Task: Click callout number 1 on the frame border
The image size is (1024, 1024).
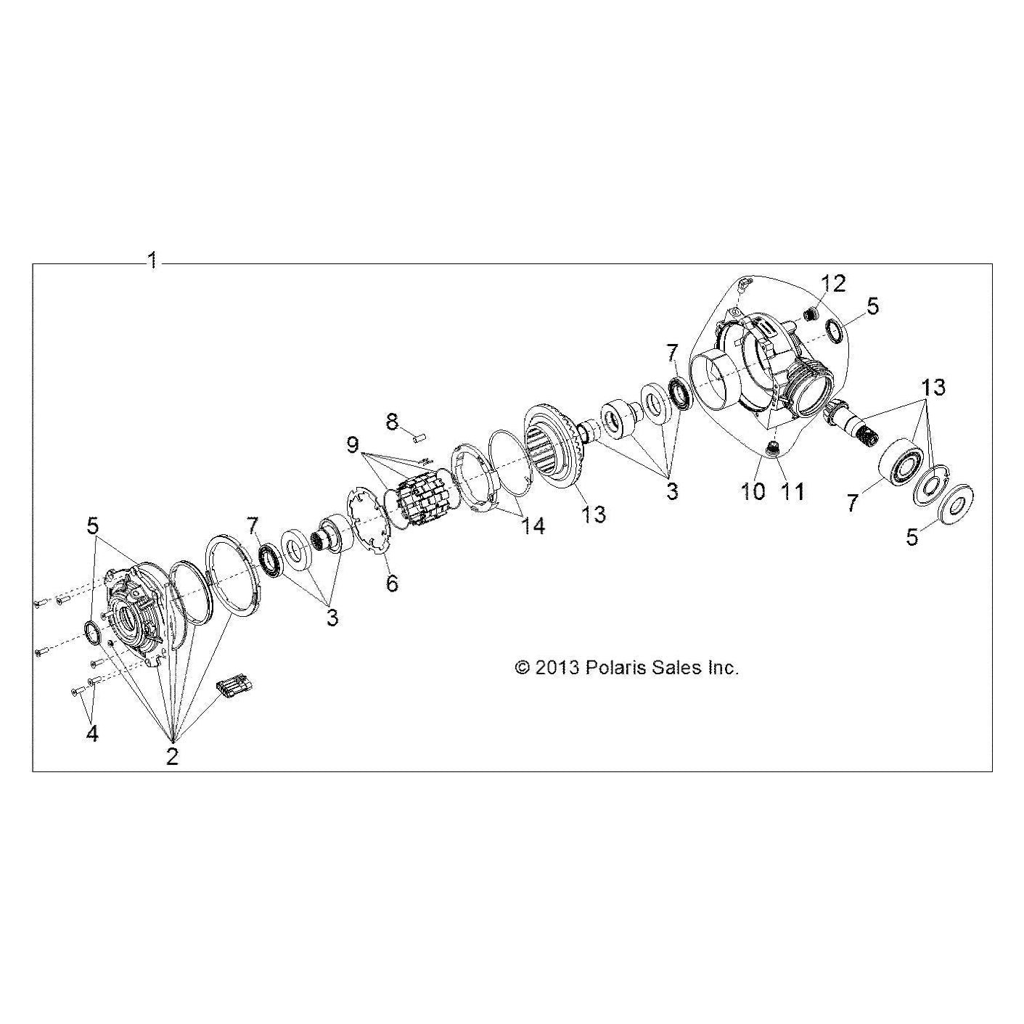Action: [x=152, y=261]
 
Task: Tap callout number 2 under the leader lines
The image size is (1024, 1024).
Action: [x=172, y=757]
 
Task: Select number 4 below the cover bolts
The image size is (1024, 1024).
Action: [x=92, y=734]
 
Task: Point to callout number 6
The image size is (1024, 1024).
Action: [x=392, y=583]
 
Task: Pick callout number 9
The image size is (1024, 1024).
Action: [x=353, y=430]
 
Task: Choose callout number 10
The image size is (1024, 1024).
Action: [x=753, y=491]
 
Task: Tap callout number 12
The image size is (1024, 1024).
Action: [x=833, y=284]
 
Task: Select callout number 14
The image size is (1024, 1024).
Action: [x=533, y=526]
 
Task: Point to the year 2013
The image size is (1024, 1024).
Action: [x=556, y=668]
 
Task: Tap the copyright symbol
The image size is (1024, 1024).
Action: [x=523, y=668]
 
